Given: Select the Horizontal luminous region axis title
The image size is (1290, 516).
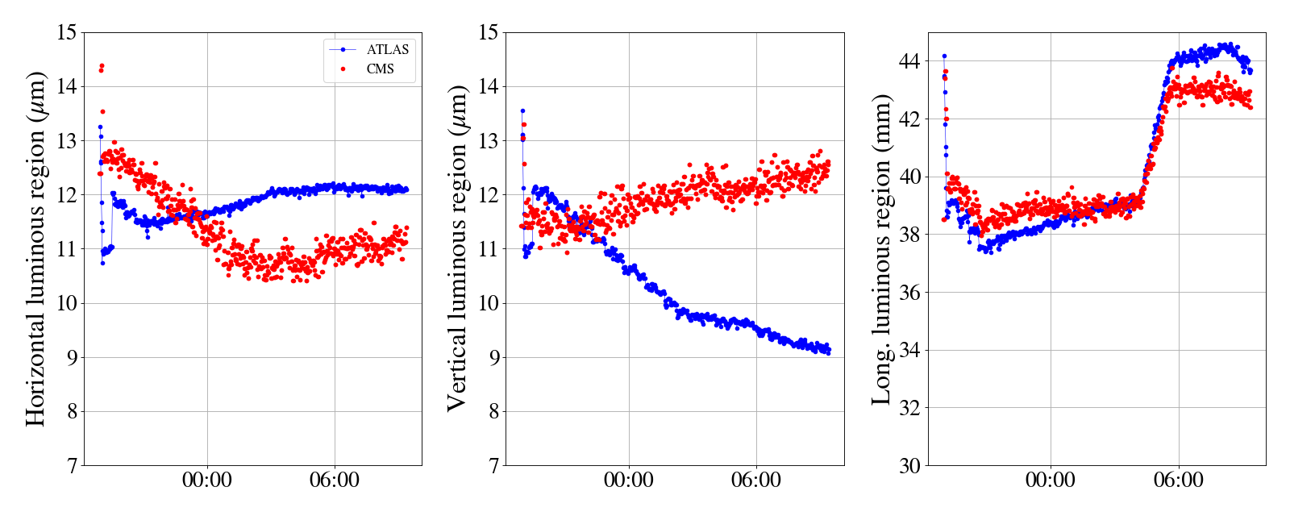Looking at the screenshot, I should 36,248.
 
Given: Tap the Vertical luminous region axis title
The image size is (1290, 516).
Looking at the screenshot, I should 457,248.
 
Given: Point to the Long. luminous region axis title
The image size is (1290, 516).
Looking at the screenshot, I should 881,248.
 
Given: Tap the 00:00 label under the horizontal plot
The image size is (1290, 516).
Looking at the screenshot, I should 207,481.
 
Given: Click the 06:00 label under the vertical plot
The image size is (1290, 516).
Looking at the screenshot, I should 756,481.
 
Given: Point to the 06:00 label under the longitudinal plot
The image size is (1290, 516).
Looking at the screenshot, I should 1178,481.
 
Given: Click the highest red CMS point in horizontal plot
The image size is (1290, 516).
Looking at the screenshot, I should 102,65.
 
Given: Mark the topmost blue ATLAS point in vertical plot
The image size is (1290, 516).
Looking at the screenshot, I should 522,110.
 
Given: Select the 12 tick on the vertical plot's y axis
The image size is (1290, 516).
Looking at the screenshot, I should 489,195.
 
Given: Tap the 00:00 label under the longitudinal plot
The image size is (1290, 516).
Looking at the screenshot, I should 1051,481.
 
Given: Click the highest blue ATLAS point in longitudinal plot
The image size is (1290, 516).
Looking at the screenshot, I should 944,56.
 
